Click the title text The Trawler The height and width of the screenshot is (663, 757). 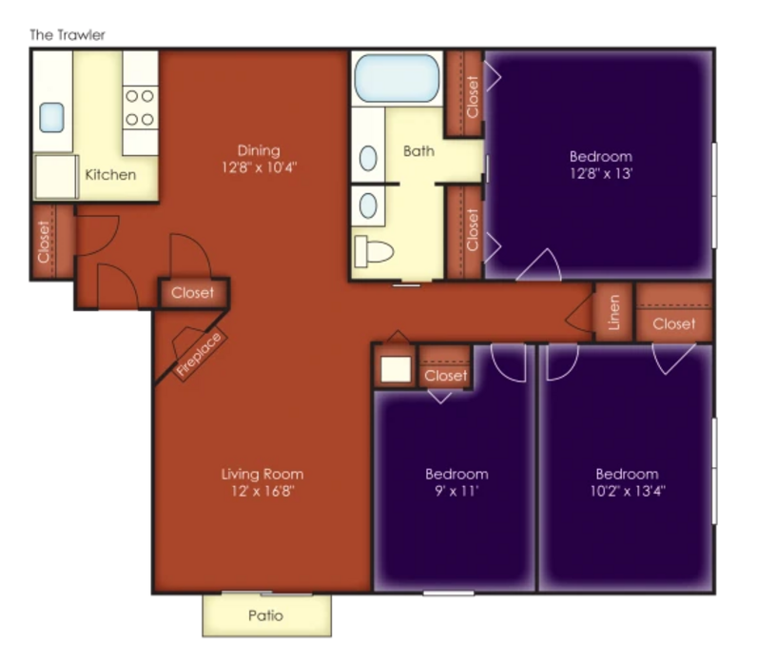click(x=68, y=35)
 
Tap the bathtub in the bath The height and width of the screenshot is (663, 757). click(x=397, y=78)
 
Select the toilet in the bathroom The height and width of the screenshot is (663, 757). click(x=374, y=251)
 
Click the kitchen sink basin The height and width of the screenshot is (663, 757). click(x=51, y=117)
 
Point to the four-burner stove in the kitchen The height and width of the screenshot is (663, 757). click(x=140, y=107)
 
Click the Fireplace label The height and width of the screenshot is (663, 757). click(x=199, y=354)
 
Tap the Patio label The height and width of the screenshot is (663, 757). click(x=265, y=615)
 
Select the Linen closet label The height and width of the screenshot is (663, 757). click(x=613, y=312)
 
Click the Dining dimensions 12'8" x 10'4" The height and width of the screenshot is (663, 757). click(x=260, y=167)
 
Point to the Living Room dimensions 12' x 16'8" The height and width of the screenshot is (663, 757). click(x=262, y=491)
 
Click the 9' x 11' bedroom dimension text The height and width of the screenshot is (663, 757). click(x=456, y=491)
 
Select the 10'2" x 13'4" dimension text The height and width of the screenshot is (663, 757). click(x=628, y=491)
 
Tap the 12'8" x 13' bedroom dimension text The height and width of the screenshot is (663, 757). click(x=601, y=173)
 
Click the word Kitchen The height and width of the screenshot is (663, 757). click(x=110, y=174)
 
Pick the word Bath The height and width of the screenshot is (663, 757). click(x=418, y=151)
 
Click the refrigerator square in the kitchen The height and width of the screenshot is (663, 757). click(x=56, y=176)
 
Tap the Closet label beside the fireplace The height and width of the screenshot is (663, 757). click(x=192, y=293)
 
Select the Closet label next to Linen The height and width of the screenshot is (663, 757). click(x=674, y=323)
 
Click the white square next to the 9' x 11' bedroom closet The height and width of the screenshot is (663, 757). click(x=396, y=369)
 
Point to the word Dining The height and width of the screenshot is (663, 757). click(x=259, y=150)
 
